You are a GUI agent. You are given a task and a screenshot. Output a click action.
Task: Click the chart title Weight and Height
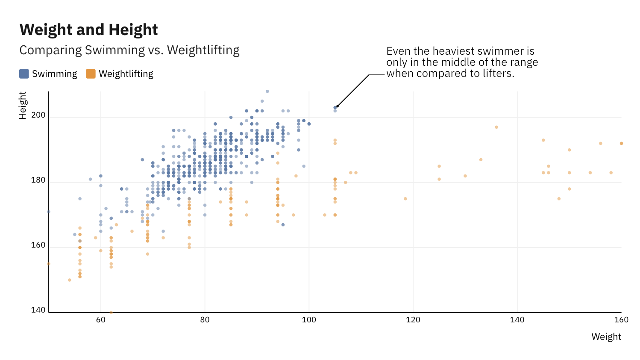(x=88, y=30)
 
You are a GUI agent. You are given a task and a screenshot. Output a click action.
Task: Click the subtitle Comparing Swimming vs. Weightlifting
(x=129, y=50)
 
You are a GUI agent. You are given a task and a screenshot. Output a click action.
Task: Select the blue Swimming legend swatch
(x=24, y=74)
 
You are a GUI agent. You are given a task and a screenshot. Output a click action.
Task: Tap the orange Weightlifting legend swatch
(x=91, y=74)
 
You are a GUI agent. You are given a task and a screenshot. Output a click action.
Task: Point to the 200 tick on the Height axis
(x=38, y=115)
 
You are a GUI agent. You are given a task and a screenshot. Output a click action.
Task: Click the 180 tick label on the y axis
(x=38, y=180)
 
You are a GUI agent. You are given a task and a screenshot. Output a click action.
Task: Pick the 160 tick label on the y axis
(x=38, y=245)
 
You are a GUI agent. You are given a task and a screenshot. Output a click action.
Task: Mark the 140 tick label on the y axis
(x=38, y=310)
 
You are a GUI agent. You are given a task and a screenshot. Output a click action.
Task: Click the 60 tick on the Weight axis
(x=101, y=320)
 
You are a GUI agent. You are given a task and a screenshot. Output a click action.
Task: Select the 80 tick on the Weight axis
(x=205, y=320)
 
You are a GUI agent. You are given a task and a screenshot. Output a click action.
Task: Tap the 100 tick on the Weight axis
(x=309, y=320)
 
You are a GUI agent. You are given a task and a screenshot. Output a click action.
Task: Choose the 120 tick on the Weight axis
(x=413, y=320)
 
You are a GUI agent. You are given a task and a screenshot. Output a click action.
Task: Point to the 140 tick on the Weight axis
(x=517, y=320)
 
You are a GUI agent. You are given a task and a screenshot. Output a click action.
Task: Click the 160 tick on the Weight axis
(x=621, y=320)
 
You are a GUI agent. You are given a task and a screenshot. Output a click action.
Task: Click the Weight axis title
(x=606, y=337)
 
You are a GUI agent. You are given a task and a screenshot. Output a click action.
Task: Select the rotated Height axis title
(x=23, y=105)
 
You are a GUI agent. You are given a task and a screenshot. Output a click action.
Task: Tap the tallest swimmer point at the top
(x=267, y=91)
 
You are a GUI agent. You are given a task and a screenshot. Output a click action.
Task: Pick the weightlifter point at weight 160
(x=621, y=144)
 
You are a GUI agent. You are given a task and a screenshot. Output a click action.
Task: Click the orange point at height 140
(x=111, y=313)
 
